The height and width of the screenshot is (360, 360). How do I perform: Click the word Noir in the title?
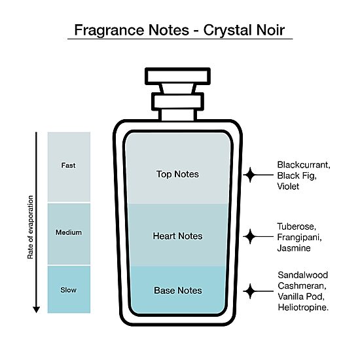270,30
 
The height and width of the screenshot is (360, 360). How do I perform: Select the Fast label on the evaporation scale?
68,166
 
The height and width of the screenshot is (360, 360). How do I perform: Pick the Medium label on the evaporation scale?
69,232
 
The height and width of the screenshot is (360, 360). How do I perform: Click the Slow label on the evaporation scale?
69,290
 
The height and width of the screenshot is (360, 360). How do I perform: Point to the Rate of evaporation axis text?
30,227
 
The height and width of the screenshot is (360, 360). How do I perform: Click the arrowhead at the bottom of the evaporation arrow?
36,310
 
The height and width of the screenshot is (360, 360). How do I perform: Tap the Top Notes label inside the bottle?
177,174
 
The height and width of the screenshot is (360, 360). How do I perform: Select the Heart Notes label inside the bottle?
177,236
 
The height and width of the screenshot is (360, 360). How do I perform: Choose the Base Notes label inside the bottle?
178,291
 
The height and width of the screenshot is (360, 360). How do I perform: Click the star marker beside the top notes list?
250,175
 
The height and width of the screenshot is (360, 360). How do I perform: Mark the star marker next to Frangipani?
250,236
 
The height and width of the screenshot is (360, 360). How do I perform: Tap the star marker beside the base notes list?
250,291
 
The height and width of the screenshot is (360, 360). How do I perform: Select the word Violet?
288,186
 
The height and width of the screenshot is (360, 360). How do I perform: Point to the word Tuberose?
297,226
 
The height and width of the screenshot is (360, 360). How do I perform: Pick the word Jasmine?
294,248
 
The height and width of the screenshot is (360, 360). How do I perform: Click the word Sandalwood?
303,275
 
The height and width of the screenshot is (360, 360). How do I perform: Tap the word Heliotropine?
303,308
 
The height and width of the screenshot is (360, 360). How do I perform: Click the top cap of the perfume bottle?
177,76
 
